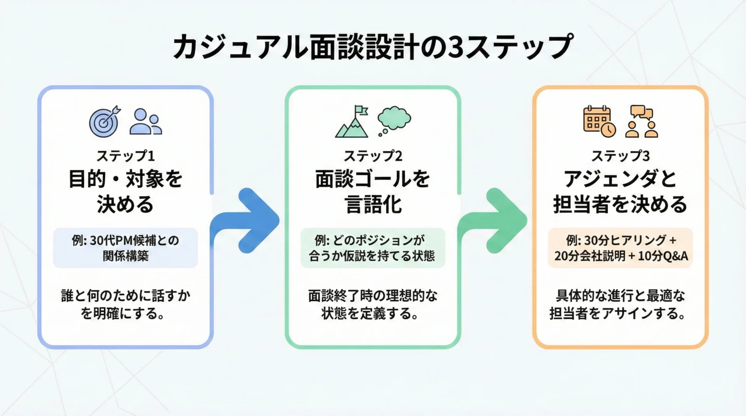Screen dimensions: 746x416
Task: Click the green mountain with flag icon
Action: [x=352, y=121]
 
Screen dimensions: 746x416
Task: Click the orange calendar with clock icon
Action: [x=600, y=121]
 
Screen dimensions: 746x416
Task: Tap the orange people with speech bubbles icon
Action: [x=641, y=121]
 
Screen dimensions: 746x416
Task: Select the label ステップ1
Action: [x=125, y=156]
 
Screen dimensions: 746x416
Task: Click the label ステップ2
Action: [x=373, y=156]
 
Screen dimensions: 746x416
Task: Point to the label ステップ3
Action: [x=621, y=156]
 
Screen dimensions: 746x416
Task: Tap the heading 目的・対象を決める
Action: [x=125, y=191]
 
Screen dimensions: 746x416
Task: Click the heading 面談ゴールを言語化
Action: [x=373, y=191]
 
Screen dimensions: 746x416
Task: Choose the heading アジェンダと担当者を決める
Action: [x=621, y=191]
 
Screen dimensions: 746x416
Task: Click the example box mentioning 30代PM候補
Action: [x=125, y=248]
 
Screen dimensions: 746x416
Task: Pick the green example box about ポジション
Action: [x=373, y=248]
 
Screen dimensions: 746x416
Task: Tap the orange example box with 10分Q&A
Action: [x=621, y=248]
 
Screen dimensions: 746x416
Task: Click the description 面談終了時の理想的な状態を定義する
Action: [x=373, y=304]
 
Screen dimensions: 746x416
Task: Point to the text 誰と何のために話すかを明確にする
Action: [x=125, y=304]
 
